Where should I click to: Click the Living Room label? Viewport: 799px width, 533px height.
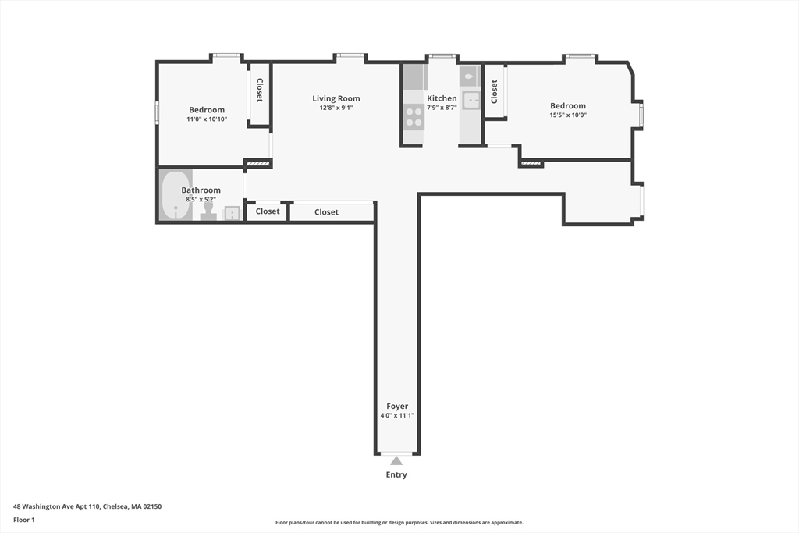336,98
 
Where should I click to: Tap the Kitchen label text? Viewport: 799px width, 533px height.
442,98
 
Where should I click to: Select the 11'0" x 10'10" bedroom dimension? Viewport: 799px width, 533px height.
207,119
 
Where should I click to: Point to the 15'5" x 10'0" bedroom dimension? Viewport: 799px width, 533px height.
567,115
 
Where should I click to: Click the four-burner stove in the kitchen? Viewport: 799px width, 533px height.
414,117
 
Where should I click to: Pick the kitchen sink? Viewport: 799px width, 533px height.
471,100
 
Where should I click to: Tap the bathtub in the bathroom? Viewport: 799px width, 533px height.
176,196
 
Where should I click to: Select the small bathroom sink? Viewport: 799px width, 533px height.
233,213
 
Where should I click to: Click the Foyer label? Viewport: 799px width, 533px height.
397,406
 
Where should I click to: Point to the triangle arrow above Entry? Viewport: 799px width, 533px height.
396,460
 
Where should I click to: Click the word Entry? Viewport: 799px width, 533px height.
396,474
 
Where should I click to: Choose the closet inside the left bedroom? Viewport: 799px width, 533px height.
259,91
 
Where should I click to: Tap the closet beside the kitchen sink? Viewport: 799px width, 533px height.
494,91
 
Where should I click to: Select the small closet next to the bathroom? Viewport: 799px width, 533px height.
268,211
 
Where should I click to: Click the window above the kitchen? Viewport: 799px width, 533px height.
442,56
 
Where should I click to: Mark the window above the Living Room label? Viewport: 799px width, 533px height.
351,55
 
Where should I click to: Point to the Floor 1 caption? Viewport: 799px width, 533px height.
24,520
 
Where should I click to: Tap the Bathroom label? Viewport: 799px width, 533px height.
201,190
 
